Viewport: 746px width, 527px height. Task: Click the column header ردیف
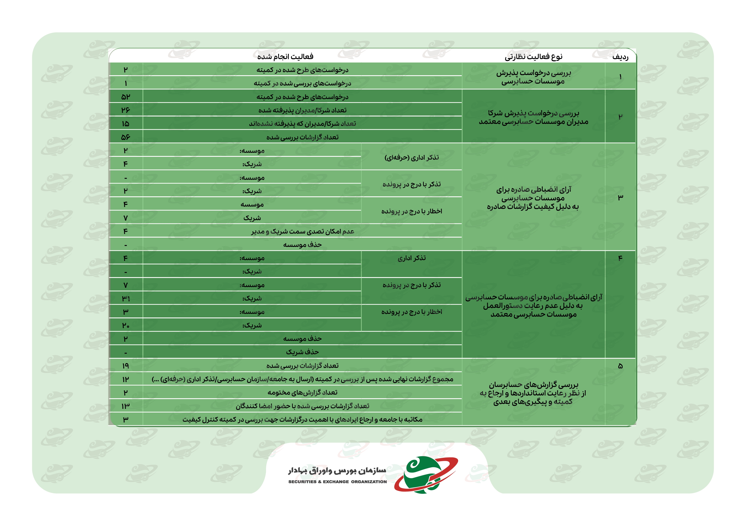pos(620,57)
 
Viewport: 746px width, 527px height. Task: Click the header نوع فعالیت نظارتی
pos(533,57)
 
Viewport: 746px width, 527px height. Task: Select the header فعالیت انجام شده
pos(285,57)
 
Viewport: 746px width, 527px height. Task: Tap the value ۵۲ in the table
pos(125,97)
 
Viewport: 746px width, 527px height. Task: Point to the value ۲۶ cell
pos(125,110)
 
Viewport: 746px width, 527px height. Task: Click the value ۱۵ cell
pos(125,124)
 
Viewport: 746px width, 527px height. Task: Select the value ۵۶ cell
pos(125,137)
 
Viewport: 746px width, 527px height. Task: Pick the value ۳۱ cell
pos(125,298)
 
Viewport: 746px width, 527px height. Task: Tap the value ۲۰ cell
pos(125,325)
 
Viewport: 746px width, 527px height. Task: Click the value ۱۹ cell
pos(125,366)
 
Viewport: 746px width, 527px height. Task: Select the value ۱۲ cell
pos(125,379)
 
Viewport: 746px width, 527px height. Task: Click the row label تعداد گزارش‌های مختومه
pos(302,392)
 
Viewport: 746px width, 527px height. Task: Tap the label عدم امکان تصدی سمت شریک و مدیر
pos(302,231)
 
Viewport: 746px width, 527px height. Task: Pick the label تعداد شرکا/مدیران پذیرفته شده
pos(302,110)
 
